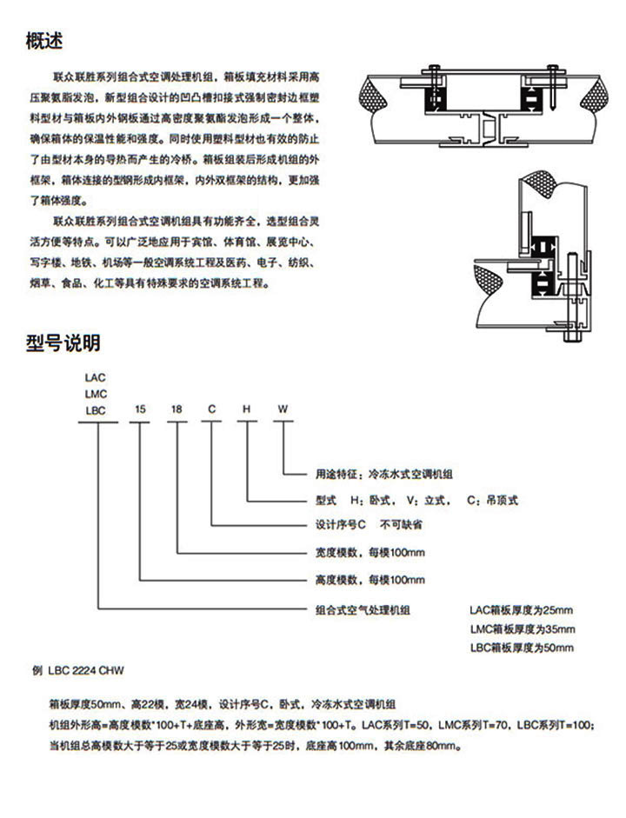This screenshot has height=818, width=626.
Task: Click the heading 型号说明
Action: click(x=63, y=342)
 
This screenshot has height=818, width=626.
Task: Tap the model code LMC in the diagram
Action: click(x=95, y=394)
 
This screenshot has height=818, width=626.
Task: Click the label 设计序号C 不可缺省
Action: click(x=369, y=526)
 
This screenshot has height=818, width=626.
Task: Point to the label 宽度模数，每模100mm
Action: click(x=369, y=553)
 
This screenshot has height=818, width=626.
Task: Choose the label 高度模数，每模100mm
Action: click(x=369, y=579)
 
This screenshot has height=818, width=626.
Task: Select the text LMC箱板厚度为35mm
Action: click(x=522, y=628)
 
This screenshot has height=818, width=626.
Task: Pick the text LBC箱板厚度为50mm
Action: click(x=522, y=648)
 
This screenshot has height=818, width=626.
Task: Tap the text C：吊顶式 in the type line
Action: click(x=492, y=501)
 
